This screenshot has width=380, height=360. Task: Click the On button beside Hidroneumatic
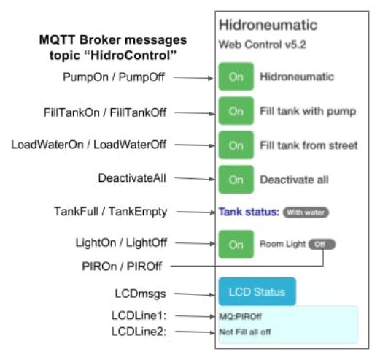point(236,77)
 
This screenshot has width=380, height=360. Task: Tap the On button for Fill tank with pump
point(236,111)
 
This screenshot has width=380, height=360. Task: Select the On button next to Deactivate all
point(236,180)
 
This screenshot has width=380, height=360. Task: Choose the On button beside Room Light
point(236,245)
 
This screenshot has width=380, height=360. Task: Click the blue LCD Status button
point(257,291)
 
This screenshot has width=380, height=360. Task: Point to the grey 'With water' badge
point(306,212)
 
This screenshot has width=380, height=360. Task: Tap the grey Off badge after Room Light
point(322,244)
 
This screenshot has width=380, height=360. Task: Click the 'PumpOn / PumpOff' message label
point(114,77)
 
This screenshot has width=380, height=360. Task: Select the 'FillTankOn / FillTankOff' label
point(105,112)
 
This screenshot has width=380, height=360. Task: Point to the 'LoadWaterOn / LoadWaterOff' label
point(89,145)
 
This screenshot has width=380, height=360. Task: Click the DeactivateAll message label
point(132,178)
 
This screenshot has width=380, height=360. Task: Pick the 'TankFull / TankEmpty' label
point(111,212)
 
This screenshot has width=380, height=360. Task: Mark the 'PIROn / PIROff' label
point(122,267)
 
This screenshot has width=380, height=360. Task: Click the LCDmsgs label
point(141,294)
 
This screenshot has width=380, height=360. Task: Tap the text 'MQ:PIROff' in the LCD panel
point(240,316)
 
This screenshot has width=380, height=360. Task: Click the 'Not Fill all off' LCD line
point(245,332)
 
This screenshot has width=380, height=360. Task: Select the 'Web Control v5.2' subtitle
point(263,45)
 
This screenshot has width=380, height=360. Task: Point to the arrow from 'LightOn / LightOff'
point(195,243)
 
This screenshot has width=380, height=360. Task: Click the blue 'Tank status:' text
point(249,212)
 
